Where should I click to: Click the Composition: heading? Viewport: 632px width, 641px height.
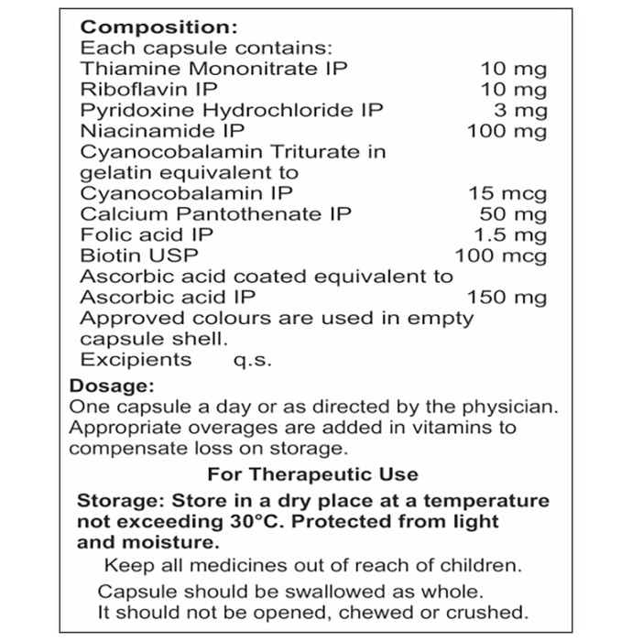(159, 27)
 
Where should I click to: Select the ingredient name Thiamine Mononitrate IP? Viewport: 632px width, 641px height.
(213, 69)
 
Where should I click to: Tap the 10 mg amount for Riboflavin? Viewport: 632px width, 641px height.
(514, 90)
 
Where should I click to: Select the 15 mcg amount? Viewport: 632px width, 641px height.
(507, 193)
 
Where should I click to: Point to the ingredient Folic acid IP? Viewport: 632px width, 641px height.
(147, 234)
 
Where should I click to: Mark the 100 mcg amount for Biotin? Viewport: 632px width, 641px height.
(501, 255)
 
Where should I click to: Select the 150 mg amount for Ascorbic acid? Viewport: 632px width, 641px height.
(507, 297)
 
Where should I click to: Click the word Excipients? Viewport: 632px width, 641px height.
(136, 359)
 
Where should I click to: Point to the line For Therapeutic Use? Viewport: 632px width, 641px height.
(312, 474)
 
